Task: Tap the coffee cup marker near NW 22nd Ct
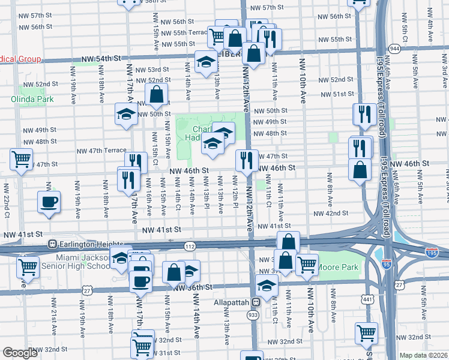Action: [x=49, y=202]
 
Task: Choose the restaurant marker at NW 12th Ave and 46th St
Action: [x=247, y=160]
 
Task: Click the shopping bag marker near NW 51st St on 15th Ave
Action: [x=156, y=94]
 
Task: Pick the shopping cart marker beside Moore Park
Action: [x=307, y=263]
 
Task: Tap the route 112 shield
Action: [x=190, y=246]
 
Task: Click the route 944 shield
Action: [x=394, y=48]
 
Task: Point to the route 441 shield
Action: [x=367, y=298]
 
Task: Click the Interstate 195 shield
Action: [x=431, y=253]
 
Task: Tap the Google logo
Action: [x=20, y=353]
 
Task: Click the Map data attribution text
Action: [x=424, y=355]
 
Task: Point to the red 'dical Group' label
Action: [x=20, y=59]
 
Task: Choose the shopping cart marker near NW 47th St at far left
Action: [x=22, y=159]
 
